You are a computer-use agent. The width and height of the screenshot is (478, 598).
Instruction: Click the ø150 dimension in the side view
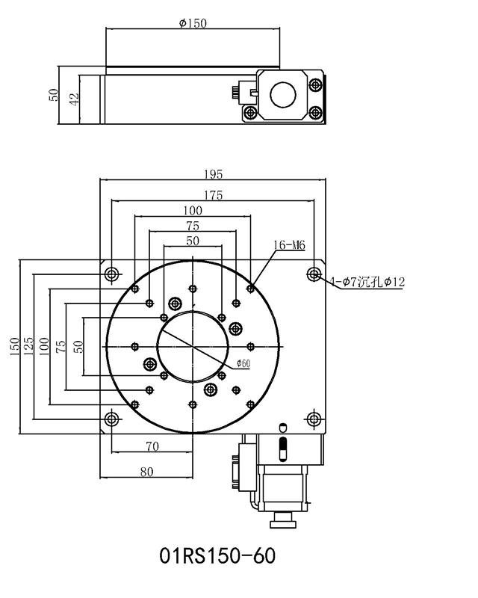point(193,22)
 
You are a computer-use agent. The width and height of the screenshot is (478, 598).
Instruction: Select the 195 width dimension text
point(213,174)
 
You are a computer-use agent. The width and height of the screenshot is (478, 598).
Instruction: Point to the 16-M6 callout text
point(290,244)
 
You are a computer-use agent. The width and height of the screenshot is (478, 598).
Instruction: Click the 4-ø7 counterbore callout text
point(367,282)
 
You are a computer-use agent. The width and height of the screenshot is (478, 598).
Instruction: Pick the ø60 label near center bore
point(243,363)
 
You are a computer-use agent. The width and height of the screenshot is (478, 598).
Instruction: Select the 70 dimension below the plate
point(153,447)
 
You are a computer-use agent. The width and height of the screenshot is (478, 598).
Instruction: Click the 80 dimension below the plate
point(146,471)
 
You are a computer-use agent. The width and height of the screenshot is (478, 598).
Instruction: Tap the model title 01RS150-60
point(218,556)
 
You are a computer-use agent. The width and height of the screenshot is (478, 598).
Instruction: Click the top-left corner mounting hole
point(111,273)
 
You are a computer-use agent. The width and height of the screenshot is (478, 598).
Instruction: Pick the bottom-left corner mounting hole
point(111,418)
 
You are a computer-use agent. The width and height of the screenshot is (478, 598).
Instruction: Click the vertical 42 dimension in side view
point(73,99)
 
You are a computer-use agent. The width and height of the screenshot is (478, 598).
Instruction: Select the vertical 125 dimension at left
point(28,346)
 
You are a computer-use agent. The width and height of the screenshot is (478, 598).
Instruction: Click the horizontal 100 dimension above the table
point(193,210)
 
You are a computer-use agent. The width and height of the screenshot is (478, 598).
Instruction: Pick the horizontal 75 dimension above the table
point(193,226)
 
